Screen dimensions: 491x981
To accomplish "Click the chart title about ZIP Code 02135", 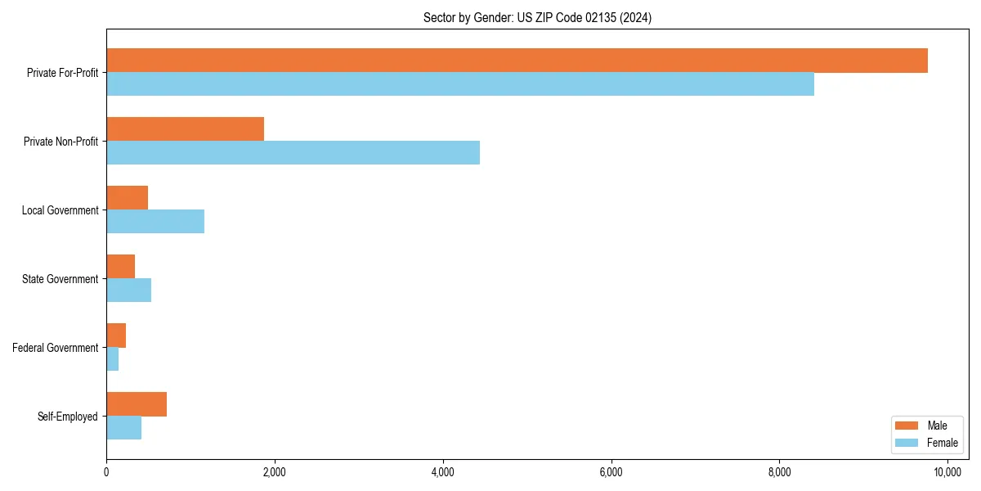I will coord(537,17).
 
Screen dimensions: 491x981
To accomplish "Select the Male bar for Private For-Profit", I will coord(517,61).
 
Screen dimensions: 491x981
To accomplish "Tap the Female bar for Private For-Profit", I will coord(460,83).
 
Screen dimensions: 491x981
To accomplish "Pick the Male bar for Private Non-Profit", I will coord(186,129).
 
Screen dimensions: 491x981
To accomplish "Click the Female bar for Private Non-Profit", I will coord(293,152).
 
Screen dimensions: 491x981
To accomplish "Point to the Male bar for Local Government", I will coord(128,198).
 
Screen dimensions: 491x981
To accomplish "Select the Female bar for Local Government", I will coord(155,221).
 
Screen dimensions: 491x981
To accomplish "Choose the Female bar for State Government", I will coord(129,290).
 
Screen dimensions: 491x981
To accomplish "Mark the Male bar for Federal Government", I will coord(116,336).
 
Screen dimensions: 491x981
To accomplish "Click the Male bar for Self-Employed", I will coord(137,404).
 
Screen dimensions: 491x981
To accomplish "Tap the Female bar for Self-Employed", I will coord(124,427).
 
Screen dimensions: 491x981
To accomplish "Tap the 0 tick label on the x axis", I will coord(106,472).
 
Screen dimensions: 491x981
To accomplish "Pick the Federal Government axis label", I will coord(56,348).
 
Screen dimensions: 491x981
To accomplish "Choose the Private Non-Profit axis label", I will coord(60,142).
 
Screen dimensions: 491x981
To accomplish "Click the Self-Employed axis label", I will coord(68,417).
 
